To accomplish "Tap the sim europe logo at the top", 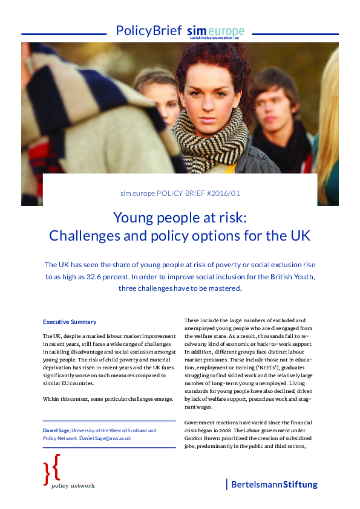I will tap(215, 31).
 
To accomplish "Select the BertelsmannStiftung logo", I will tap(272, 484).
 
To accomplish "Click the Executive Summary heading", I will tap(69, 322).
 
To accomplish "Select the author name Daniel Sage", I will tap(56, 430).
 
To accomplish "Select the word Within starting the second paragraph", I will tap(52, 399).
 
